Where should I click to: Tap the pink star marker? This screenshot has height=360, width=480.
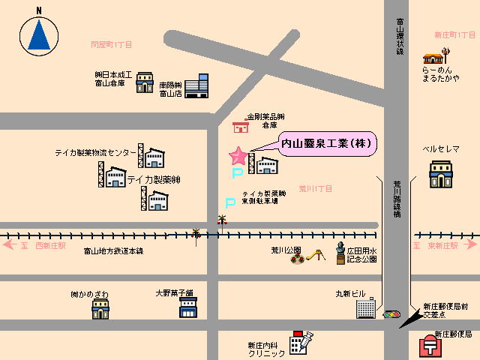[238, 156]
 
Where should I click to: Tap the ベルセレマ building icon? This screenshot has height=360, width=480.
[441, 173]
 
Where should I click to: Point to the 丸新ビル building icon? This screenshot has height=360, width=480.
[365, 307]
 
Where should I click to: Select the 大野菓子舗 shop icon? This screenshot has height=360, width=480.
[187, 307]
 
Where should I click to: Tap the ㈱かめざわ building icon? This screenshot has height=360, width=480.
[100, 307]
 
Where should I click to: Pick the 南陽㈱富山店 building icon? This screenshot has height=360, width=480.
[197, 85]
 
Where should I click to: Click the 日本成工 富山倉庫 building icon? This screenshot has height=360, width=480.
[145, 82]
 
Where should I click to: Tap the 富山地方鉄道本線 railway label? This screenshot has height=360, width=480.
[113, 250]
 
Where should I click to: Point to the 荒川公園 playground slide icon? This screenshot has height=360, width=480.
[316, 256]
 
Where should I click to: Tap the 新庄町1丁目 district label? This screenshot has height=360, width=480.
[454, 35]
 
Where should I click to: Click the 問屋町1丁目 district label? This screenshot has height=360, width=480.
[111, 45]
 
